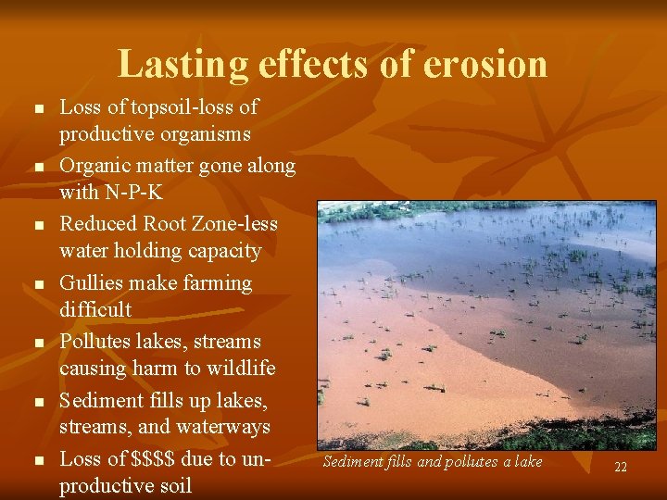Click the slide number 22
click(621, 468)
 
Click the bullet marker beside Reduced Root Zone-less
click(38, 226)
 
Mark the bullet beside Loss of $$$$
click(38, 460)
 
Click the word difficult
click(95, 309)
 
